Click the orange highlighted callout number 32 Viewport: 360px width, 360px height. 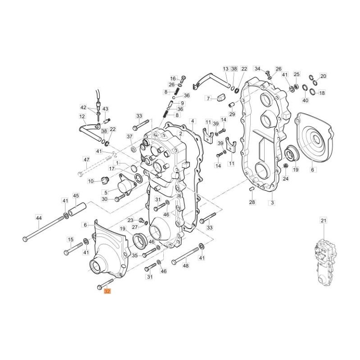coord(107,292)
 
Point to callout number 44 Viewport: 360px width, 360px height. coord(39,218)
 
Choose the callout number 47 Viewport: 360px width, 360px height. coord(86,160)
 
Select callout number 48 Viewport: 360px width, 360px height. coord(186,265)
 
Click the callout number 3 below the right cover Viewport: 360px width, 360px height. coord(272,203)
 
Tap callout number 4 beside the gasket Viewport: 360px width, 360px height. coord(192,121)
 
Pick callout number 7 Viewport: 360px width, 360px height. coord(208,98)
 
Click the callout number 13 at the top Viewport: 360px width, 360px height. coord(225,69)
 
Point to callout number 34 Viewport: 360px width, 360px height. coord(257,69)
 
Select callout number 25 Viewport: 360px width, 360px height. coord(296,74)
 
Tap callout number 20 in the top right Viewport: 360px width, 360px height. coord(323,76)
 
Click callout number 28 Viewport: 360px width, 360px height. coord(252,202)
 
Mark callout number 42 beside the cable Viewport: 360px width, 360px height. coord(83,108)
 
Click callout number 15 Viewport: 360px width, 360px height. coord(70,239)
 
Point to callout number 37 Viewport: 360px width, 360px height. coord(130,136)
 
